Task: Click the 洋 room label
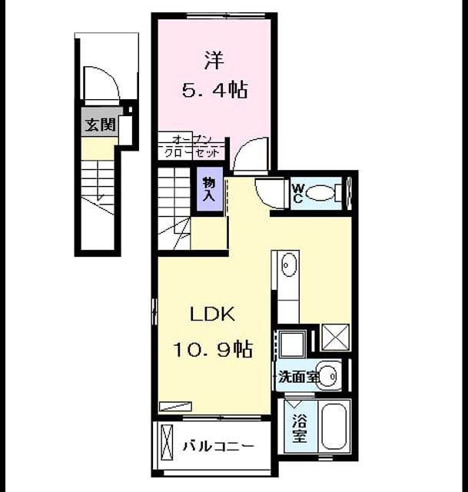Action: (214, 60)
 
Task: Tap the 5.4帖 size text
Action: (215, 90)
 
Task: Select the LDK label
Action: (213, 314)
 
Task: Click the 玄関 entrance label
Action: (101, 125)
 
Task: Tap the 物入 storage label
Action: (209, 189)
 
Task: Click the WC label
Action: (298, 193)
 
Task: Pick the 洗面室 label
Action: (299, 377)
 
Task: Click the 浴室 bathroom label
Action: (300, 428)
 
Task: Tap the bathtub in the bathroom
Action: (334, 427)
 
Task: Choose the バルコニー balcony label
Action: (218, 446)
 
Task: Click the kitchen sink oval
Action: (289, 265)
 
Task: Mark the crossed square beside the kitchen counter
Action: (335, 337)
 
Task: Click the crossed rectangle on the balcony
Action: (166, 442)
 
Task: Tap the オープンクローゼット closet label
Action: (191, 146)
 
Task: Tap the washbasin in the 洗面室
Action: (327, 376)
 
